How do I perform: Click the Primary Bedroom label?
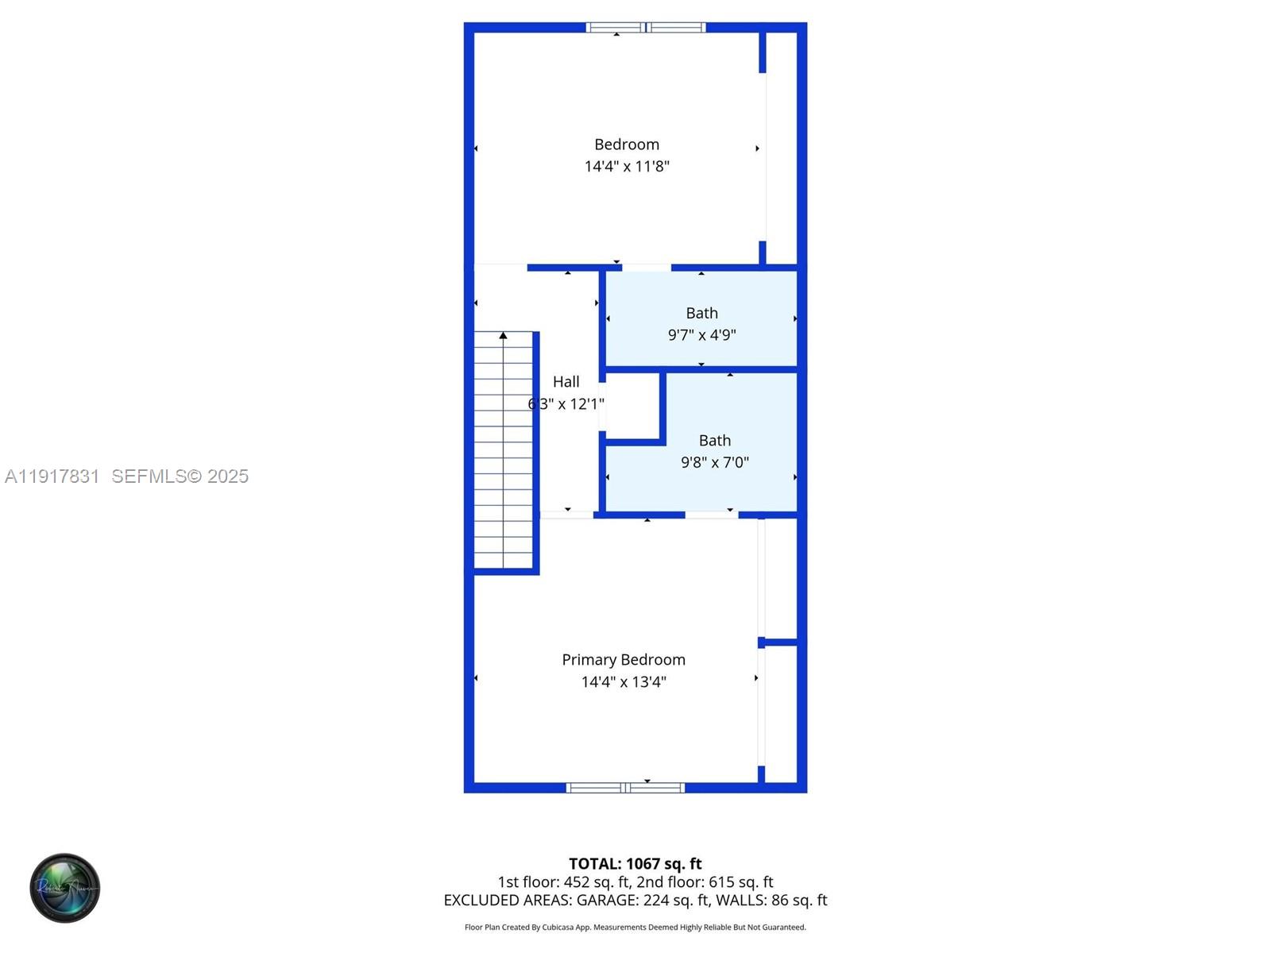point(623,659)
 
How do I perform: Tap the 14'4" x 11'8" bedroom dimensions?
point(627,166)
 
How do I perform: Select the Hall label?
point(566,382)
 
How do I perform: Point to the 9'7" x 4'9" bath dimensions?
point(701,335)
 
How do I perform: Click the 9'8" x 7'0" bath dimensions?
point(714,462)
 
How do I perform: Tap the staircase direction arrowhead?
point(503,336)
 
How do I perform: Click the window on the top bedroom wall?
point(646,28)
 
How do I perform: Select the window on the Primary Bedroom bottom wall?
point(625,788)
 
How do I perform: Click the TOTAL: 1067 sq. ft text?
point(635,863)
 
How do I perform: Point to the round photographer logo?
point(65,888)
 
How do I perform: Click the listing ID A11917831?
point(52,476)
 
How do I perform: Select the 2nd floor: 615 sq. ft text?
point(705,882)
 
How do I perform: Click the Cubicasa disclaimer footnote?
point(635,927)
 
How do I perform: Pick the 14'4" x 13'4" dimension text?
point(624,681)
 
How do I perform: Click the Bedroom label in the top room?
point(627,145)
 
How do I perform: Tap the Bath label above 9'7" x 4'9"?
point(701,313)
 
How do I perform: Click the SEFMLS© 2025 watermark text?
point(180,476)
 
